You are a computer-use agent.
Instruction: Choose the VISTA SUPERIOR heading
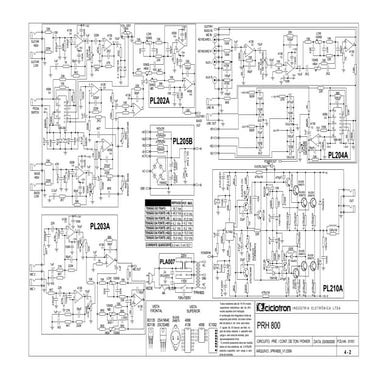pos(185,307)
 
